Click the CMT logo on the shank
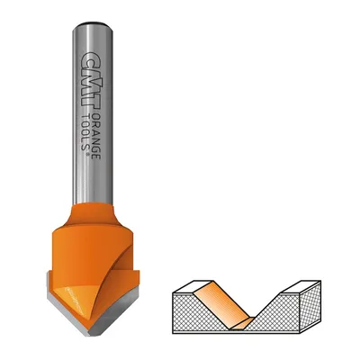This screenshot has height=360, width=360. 91,81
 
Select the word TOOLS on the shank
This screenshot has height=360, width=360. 85,130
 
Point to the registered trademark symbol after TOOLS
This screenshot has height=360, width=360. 87,154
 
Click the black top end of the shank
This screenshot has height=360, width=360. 94,23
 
